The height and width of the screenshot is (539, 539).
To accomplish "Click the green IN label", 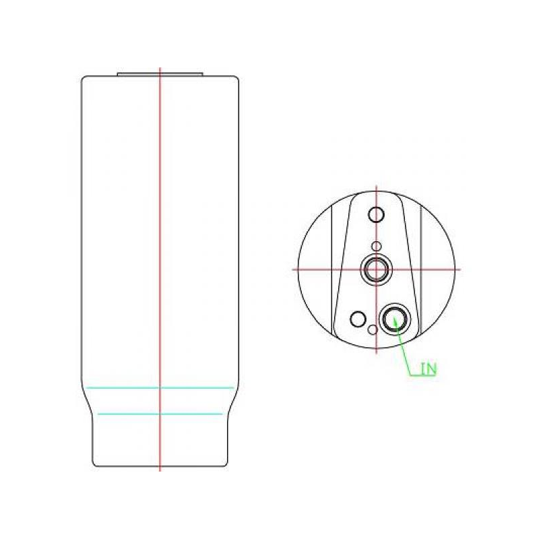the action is point(429,369).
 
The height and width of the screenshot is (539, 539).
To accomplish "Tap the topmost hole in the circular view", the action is point(377,215).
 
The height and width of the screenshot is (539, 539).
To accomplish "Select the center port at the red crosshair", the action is point(377,269).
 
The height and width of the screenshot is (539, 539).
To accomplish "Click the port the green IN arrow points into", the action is point(395,319).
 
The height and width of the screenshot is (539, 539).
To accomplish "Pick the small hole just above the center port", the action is point(377,246).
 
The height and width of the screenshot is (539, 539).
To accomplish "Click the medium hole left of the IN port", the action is point(358,319).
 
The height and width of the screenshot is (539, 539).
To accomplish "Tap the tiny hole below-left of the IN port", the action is point(373,329).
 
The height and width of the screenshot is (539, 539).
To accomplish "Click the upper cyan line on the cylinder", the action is point(160,388).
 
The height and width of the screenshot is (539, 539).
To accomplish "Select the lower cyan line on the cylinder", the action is point(160,414).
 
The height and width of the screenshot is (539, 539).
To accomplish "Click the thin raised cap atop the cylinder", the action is point(160,74).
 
